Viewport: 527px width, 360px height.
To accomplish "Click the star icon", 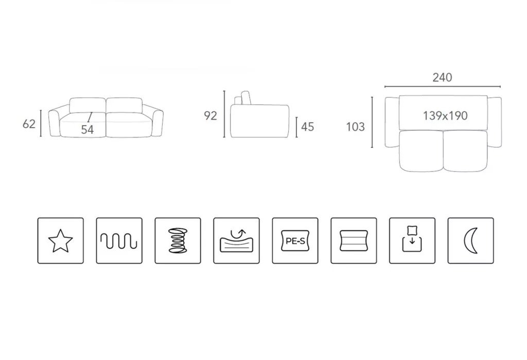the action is point(61,241).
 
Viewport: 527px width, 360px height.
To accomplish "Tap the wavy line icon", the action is point(119,241).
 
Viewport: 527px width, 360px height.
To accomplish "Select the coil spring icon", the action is point(178,241).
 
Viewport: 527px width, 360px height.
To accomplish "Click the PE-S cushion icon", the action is point(295,241).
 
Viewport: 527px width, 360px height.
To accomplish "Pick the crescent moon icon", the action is point(470,241).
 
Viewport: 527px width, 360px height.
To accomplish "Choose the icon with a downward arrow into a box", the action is point(412,241).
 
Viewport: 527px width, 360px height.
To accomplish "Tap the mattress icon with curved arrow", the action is point(236,241).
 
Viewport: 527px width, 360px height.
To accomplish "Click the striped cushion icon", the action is point(354,241).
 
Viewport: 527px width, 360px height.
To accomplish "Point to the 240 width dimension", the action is point(442,77).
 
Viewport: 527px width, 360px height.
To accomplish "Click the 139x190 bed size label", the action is point(445,116).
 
